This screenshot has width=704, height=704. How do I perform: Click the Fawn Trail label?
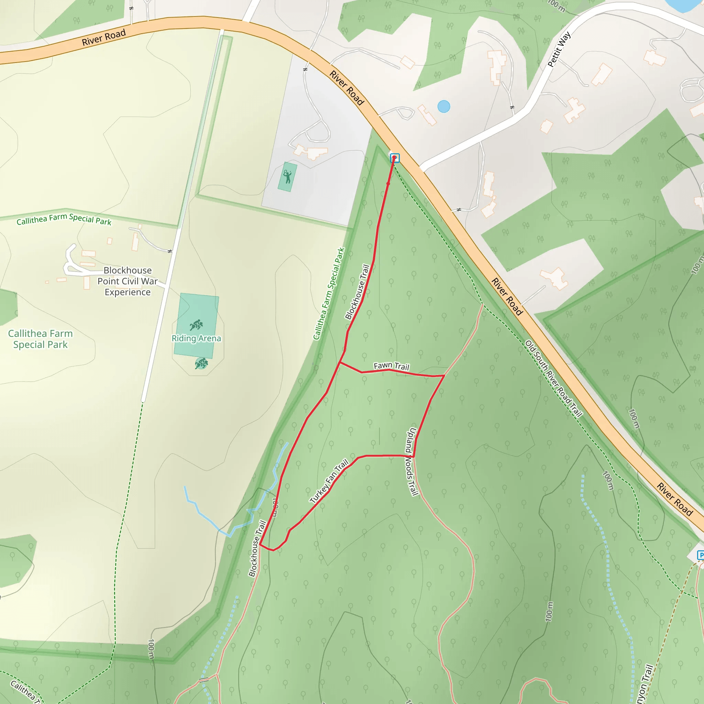[391, 366]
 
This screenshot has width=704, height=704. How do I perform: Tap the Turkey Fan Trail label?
[329, 481]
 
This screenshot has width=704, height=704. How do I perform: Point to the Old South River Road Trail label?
[553, 378]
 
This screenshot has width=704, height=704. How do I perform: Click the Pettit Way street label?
[559, 49]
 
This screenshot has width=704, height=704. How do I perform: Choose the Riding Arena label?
[196, 339]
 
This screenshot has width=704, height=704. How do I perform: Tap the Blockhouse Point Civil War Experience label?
[127, 281]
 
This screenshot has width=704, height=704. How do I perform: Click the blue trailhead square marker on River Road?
[395, 158]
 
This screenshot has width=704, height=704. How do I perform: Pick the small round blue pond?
[443, 107]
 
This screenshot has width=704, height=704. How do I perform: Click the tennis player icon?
[287, 177]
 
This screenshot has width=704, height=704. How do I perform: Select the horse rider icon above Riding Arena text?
[196, 324]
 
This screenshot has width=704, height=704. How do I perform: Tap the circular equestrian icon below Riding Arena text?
[201, 363]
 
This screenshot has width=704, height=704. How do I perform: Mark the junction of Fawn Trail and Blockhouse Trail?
[340, 363]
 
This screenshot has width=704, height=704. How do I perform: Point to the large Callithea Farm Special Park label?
[41, 339]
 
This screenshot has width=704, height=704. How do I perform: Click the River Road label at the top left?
[103, 37]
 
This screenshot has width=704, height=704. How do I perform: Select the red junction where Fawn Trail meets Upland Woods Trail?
[444, 375]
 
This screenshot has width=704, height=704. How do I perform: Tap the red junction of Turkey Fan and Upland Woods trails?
[413, 456]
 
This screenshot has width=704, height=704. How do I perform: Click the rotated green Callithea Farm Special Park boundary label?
[329, 294]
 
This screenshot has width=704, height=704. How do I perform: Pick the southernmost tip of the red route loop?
[273, 550]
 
